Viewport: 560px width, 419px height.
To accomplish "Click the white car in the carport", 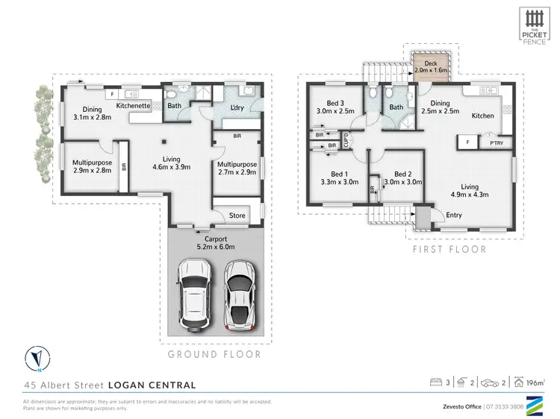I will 193,295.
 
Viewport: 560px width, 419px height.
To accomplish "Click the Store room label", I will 237,215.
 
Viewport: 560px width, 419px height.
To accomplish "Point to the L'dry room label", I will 238,108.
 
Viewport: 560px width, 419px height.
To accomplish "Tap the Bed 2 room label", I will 403,172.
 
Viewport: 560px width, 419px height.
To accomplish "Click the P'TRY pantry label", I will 494,142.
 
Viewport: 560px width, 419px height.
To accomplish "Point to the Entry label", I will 453,215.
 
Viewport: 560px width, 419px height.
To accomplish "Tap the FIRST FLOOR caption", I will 450,249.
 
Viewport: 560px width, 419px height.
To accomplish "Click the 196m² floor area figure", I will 536,384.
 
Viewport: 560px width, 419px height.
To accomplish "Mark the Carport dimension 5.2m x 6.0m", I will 211,246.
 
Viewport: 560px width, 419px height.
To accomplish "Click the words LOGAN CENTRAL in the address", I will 152,385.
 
